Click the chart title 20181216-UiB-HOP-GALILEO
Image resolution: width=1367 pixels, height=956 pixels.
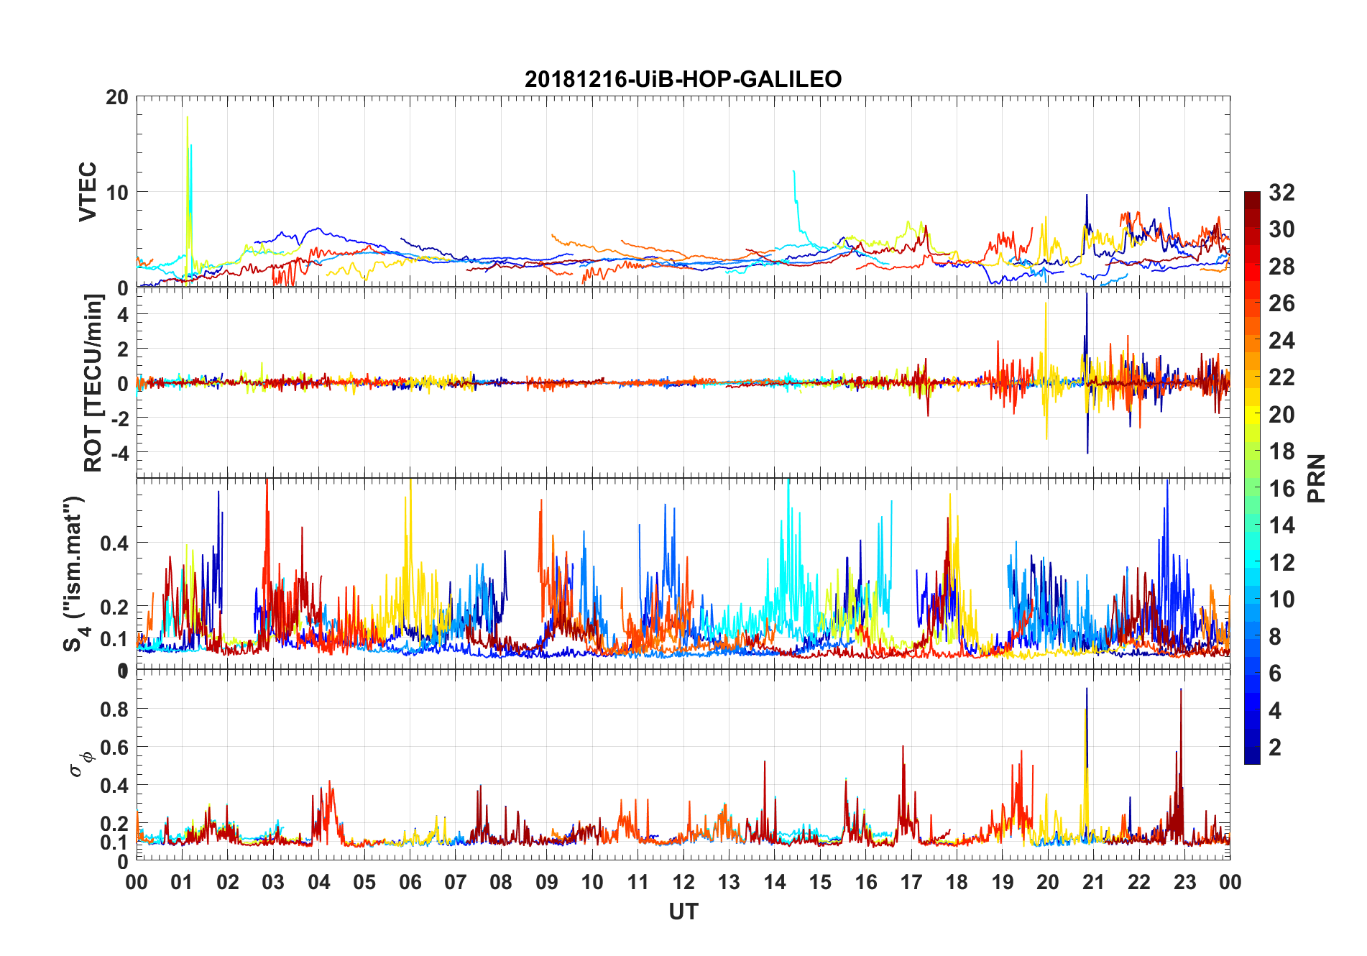(x=683, y=79)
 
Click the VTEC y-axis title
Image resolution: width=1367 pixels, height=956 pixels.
(x=88, y=192)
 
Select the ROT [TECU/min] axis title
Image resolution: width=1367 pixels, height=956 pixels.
(x=93, y=383)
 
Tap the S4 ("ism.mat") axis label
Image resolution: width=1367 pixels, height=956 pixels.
(x=74, y=574)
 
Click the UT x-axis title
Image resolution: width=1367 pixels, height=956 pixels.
(x=683, y=912)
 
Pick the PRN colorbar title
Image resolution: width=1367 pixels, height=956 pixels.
(x=1316, y=478)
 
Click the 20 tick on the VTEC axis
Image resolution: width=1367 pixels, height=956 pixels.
(x=117, y=97)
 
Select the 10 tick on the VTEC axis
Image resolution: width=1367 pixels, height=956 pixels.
(x=117, y=193)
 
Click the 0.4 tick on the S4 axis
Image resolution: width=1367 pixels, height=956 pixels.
(x=114, y=543)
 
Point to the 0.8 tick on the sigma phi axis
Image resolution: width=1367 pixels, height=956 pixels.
(x=114, y=709)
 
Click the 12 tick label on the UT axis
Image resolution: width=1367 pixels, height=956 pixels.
(x=683, y=882)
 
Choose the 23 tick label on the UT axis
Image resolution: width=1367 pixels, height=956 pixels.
(x=1184, y=882)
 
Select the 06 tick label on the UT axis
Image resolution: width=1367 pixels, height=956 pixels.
(x=410, y=882)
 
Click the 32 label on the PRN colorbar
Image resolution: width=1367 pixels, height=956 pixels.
(x=1281, y=193)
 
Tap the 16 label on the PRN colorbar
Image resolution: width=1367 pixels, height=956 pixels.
(x=1281, y=489)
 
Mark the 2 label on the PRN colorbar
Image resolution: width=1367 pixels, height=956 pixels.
(x=1275, y=748)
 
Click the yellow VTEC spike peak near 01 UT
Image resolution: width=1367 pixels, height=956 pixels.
(x=188, y=117)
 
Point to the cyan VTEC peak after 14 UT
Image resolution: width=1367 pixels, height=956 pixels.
(x=793, y=171)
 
